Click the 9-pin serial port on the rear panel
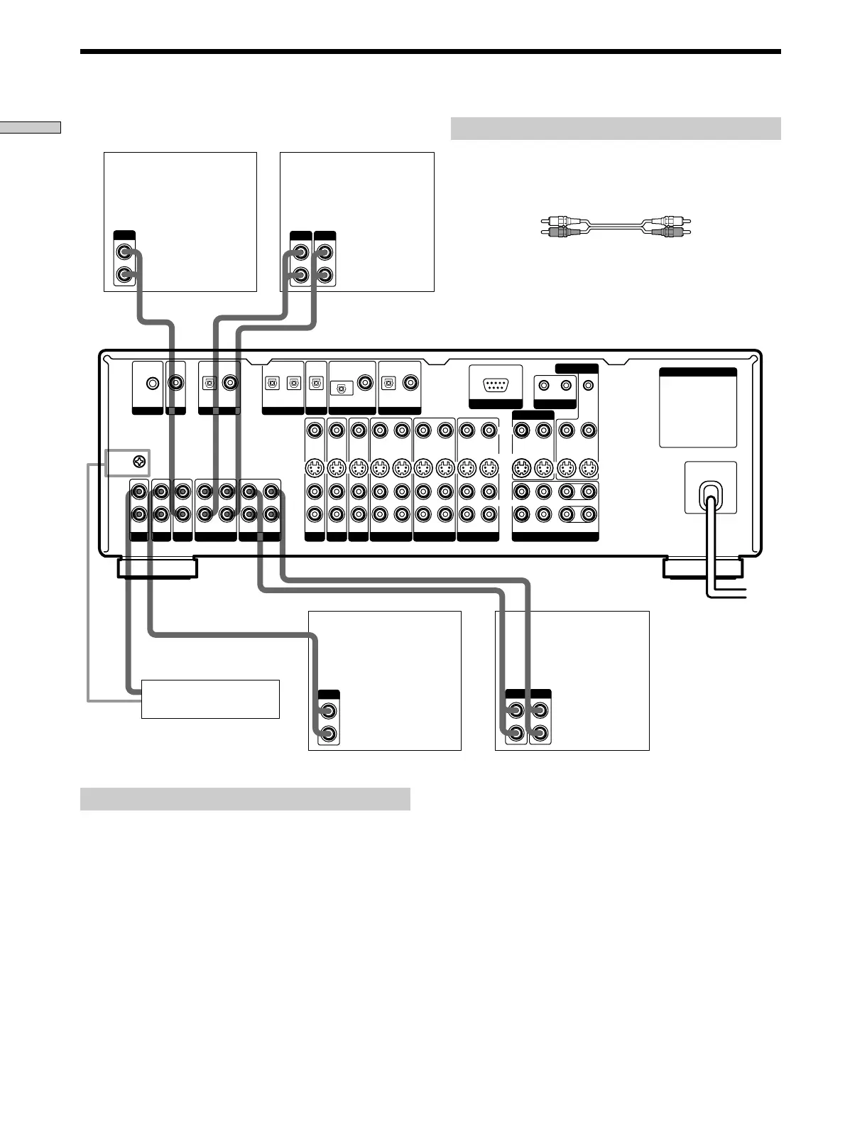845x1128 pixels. [496, 385]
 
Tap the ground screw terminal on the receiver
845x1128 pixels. [140, 463]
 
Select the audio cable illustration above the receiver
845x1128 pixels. [615, 227]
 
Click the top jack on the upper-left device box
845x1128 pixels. [125, 251]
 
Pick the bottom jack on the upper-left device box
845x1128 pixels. [125, 274]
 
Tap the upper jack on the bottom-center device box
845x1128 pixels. [328, 710]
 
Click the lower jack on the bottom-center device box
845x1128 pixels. [328, 734]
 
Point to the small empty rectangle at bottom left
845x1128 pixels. [210, 699]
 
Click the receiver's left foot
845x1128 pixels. [157, 568]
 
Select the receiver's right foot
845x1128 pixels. [702, 568]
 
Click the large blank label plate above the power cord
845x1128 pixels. [697, 408]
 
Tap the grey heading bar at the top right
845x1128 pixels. [615, 129]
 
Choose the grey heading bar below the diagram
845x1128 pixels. [245, 798]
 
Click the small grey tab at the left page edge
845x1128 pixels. [30, 127]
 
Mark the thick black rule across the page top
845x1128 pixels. [430, 52]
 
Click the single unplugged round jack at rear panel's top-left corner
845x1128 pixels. [152, 384]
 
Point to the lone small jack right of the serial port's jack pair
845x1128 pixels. [588, 385]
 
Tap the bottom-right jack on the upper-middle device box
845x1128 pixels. [325, 274]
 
